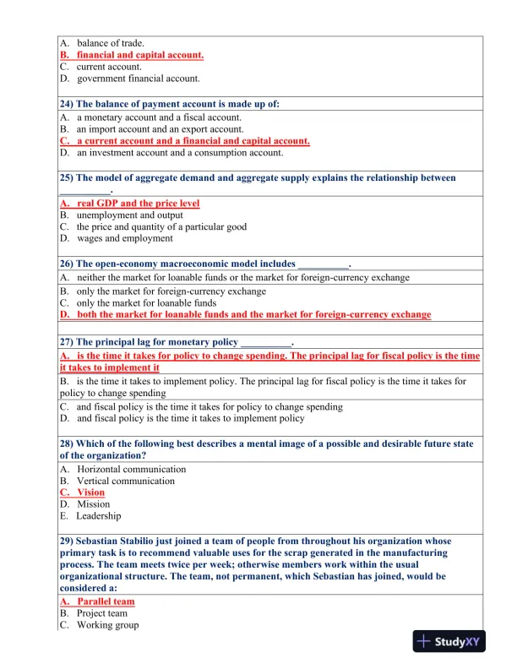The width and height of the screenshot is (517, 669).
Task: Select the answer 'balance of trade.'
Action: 111,43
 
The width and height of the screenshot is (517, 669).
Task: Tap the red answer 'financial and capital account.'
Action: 140,55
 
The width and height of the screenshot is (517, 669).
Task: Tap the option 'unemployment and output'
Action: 129,215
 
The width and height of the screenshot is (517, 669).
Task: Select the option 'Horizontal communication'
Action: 131,469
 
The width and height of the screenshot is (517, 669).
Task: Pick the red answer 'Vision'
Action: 90,492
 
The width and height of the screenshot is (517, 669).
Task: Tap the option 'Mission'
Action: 93,504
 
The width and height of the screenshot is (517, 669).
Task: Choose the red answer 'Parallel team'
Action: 105,601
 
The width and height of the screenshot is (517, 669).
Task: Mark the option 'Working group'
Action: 107,625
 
